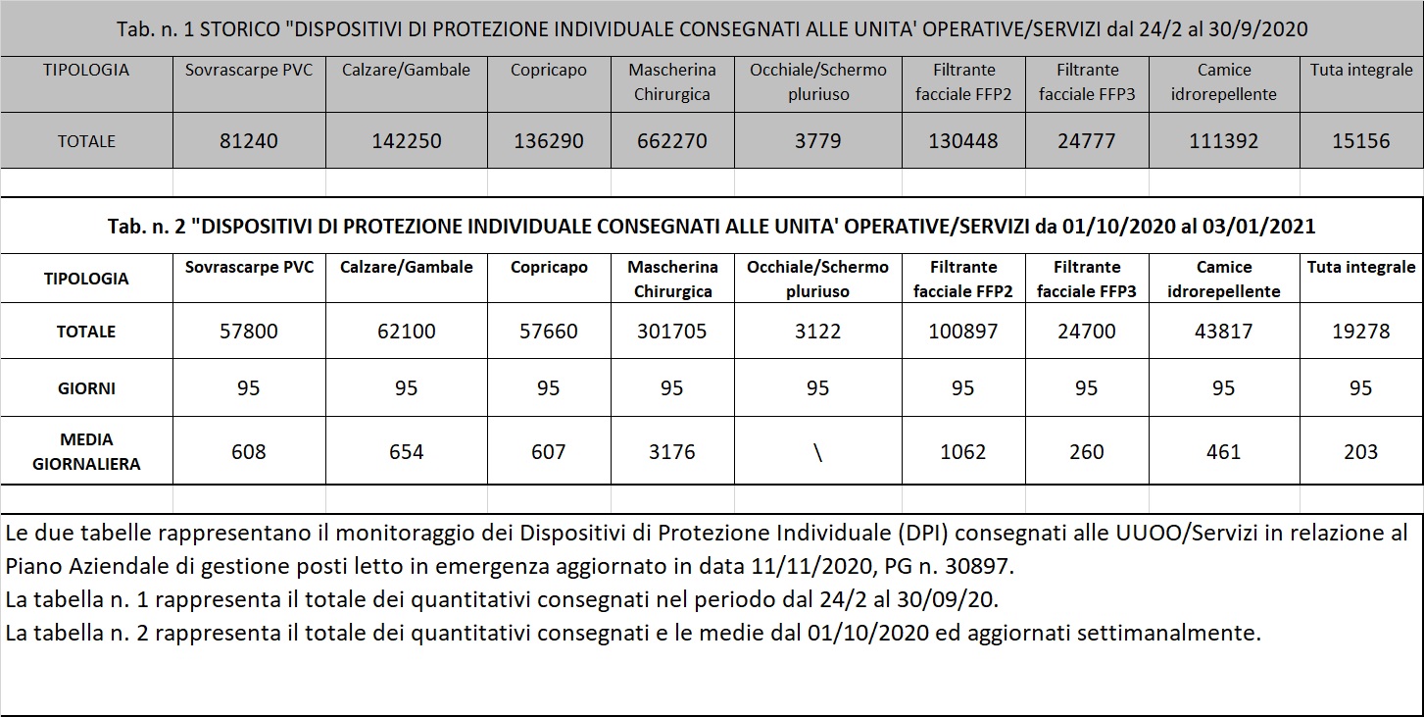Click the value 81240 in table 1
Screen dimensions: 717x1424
click(x=249, y=141)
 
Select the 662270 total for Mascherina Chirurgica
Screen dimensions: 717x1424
click(x=671, y=141)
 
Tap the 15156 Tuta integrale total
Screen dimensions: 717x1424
click(x=1360, y=141)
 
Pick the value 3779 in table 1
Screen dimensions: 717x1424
click(x=817, y=141)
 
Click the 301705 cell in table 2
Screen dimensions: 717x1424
click(x=671, y=332)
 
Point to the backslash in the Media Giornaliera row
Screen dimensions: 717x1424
click(x=817, y=452)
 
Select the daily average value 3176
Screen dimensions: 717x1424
click(x=671, y=452)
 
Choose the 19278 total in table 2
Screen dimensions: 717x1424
click(x=1360, y=332)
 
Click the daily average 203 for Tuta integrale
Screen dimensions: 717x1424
click(x=1360, y=452)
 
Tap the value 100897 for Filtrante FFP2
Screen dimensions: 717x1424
click(x=963, y=332)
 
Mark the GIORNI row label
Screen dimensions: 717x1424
click(x=86, y=388)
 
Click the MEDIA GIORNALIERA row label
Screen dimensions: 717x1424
click(x=86, y=451)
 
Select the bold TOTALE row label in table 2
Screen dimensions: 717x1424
click(x=86, y=332)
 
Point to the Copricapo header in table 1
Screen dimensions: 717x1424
click(x=549, y=71)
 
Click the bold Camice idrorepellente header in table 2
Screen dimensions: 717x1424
click(x=1224, y=279)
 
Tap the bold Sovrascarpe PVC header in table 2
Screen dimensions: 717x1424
click(x=249, y=267)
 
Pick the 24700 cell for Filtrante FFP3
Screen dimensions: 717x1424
click(x=1086, y=332)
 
